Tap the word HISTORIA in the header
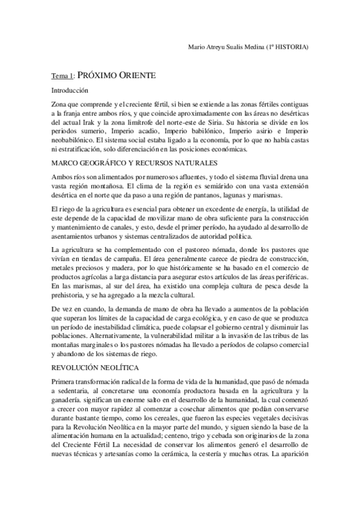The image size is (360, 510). [x=291, y=47]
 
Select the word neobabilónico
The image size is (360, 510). [x=75, y=140]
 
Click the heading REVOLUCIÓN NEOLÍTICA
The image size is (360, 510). [x=96, y=366]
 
